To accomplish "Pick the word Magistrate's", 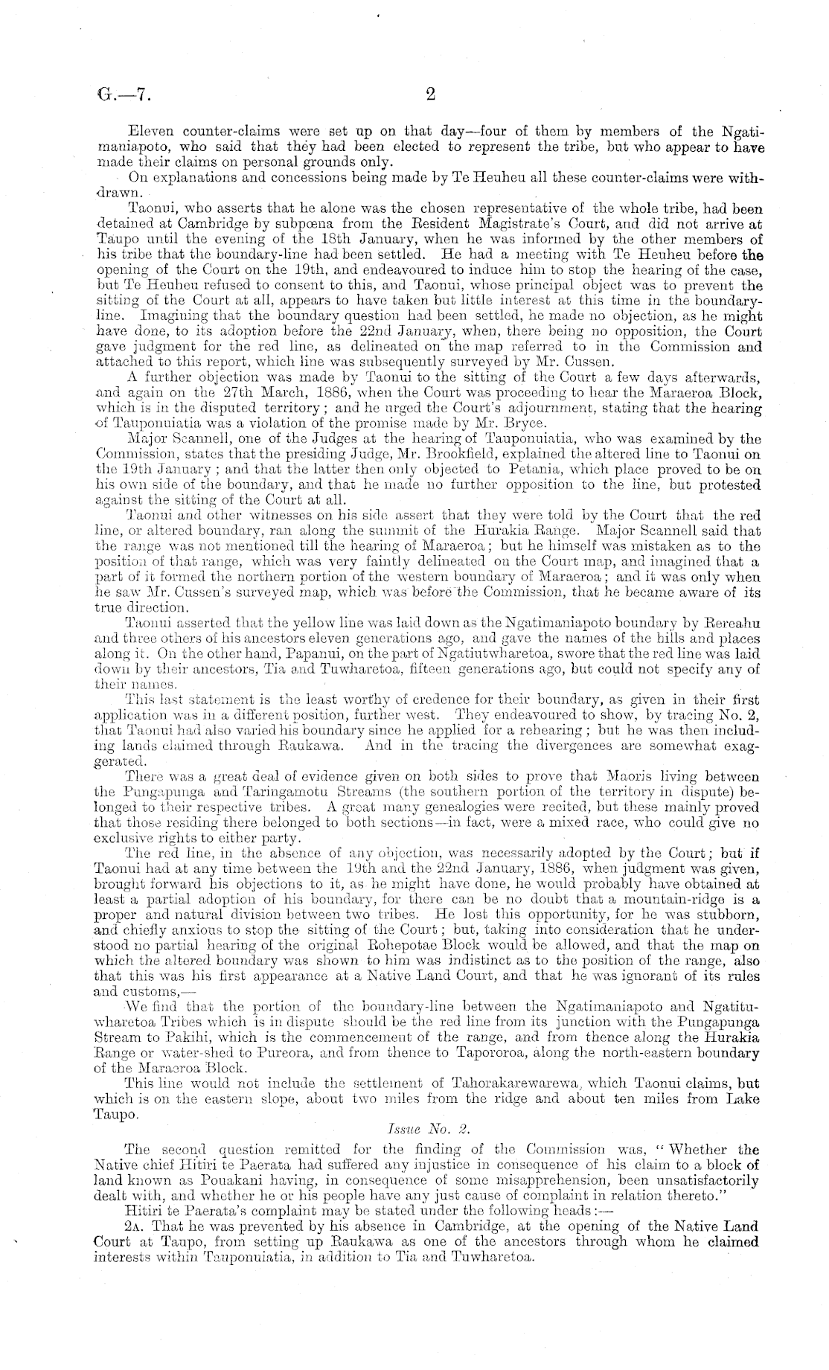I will click(x=507, y=222).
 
